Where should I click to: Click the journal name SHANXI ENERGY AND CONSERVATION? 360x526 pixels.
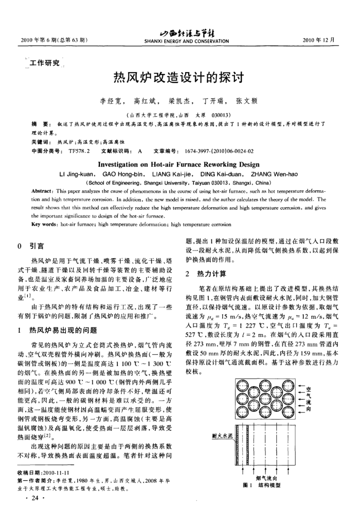(x=179, y=42)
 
